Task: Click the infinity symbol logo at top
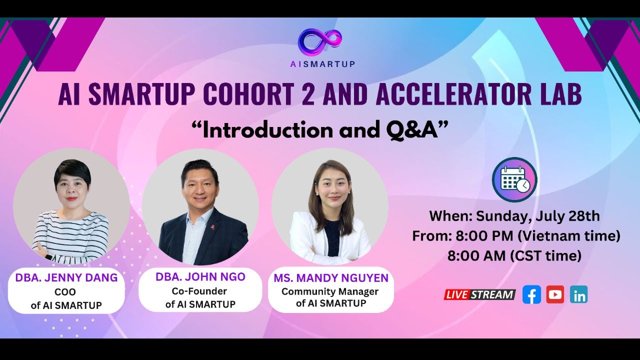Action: (x=320, y=41)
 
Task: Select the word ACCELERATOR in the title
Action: (x=436, y=95)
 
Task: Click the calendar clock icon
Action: (x=514, y=179)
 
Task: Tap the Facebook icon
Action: (x=531, y=294)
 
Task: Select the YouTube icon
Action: (x=555, y=294)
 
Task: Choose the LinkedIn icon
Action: (x=578, y=294)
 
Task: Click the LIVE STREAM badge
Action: (x=479, y=294)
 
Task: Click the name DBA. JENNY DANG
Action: (x=66, y=278)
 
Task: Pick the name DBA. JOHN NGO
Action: (x=200, y=277)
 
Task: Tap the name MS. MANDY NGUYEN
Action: (x=331, y=278)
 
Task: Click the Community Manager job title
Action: (x=330, y=291)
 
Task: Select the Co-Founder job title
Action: (x=199, y=291)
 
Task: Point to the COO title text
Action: (x=66, y=292)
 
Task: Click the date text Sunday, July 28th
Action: (x=537, y=216)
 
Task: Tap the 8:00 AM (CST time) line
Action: (x=514, y=256)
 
